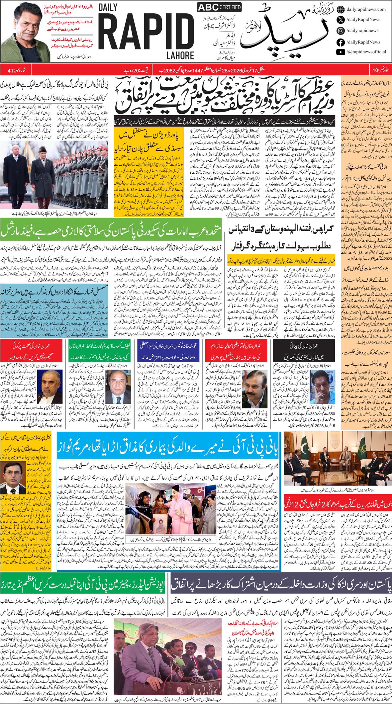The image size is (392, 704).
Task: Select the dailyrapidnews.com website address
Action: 366,9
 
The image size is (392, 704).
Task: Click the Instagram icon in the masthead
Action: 341,31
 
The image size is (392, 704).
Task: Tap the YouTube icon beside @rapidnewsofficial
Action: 341,52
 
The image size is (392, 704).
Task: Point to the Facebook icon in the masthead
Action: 341,42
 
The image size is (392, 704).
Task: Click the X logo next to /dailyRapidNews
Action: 341,20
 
